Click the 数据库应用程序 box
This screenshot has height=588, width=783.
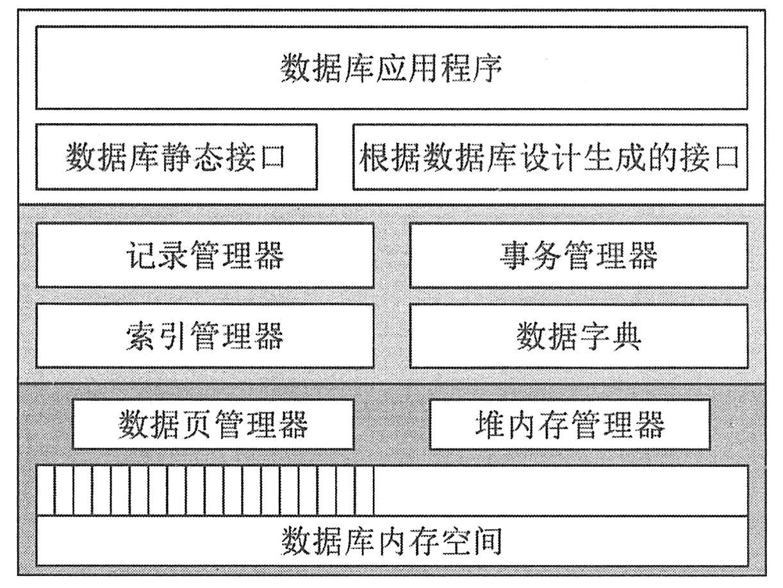(391, 67)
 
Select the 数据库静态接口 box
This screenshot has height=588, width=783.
(176, 157)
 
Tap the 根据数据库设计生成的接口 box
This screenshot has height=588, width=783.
(550, 157)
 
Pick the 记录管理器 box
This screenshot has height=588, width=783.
(204, 256)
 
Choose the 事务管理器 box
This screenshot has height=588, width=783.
(578, 256)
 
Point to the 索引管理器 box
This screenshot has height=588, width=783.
(204, 336)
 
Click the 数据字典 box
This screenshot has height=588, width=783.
(578, 336)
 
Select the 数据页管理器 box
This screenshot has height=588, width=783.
(213, 424)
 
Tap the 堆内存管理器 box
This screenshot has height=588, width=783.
(569, 424)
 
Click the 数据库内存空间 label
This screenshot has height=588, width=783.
(391, 542)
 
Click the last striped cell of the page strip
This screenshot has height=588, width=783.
(365, 491)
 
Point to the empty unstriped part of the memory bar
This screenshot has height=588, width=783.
(561, 491)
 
